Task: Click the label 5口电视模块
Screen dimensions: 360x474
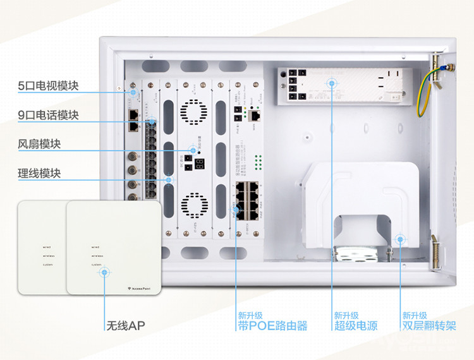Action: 48,86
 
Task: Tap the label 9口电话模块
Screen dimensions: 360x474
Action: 48,115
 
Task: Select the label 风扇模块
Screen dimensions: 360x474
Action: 39,144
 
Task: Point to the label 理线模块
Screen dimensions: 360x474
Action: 39,173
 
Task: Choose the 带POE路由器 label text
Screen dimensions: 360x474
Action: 272,326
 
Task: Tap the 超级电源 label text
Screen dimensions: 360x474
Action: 356,326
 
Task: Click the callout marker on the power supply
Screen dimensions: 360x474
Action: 331,83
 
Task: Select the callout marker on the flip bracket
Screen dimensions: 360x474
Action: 399,239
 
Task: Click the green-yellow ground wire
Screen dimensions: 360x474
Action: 429,89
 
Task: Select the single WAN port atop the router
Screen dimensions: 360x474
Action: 254,116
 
